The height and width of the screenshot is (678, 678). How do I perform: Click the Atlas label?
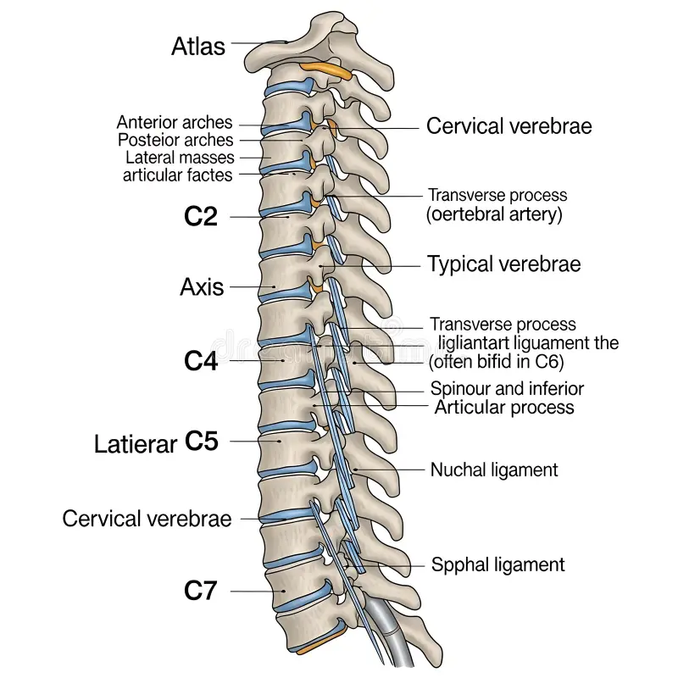click(x=198, y=45)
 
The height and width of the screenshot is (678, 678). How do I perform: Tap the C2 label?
click(x=201, y=217)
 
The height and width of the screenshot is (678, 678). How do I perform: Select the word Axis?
click(x=202, y=286)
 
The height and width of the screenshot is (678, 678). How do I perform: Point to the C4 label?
click(x=201, y=361)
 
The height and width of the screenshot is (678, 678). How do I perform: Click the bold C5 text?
click(x=202, y=442)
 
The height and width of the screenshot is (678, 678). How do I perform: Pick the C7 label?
click(x=201, y=591)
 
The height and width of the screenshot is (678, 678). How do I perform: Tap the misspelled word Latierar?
click(x=136, y=443)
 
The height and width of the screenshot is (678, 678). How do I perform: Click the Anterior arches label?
click(x=175, y=123)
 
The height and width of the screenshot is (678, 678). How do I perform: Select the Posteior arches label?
click(x=175, y=140)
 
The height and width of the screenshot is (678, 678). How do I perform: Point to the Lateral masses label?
click(x=180, y=158)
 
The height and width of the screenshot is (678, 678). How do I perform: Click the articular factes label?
click(x=177, y=175)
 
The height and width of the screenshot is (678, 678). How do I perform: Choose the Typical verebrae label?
click(x=503, y=264)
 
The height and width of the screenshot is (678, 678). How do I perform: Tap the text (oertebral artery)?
click(x=494, y=214)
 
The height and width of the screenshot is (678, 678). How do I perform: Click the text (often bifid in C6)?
click(x=496, y=362)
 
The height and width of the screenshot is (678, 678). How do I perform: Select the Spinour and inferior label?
click(x=507, y=389)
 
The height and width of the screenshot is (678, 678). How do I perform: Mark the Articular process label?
click(x=504, y=408)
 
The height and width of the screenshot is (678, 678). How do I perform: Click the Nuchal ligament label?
click(x=494, y=470)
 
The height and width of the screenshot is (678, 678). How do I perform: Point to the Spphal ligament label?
click(x=497, y=564)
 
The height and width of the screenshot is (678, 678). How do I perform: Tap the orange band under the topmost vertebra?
click(x=326, y=69)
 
